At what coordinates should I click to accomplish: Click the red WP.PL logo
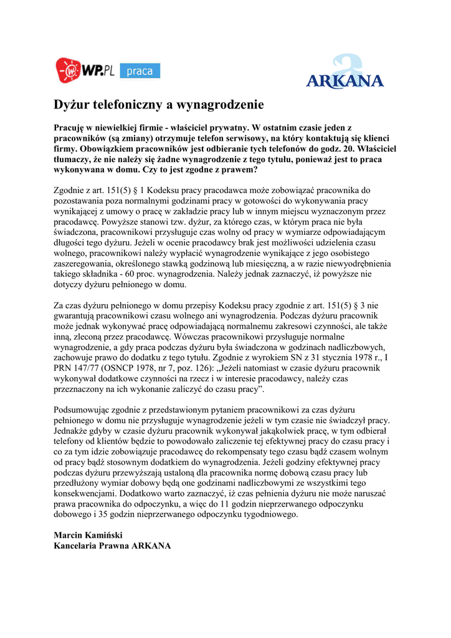click(83, 70)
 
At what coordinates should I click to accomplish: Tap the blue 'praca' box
click(140, 71)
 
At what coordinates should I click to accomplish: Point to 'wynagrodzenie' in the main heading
click(221, 104)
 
